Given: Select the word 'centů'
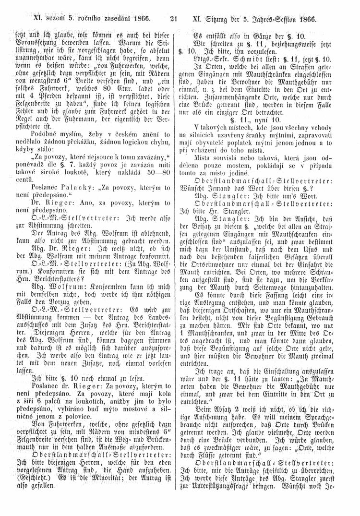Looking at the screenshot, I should pyautogui.click(x=39, y=179).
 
